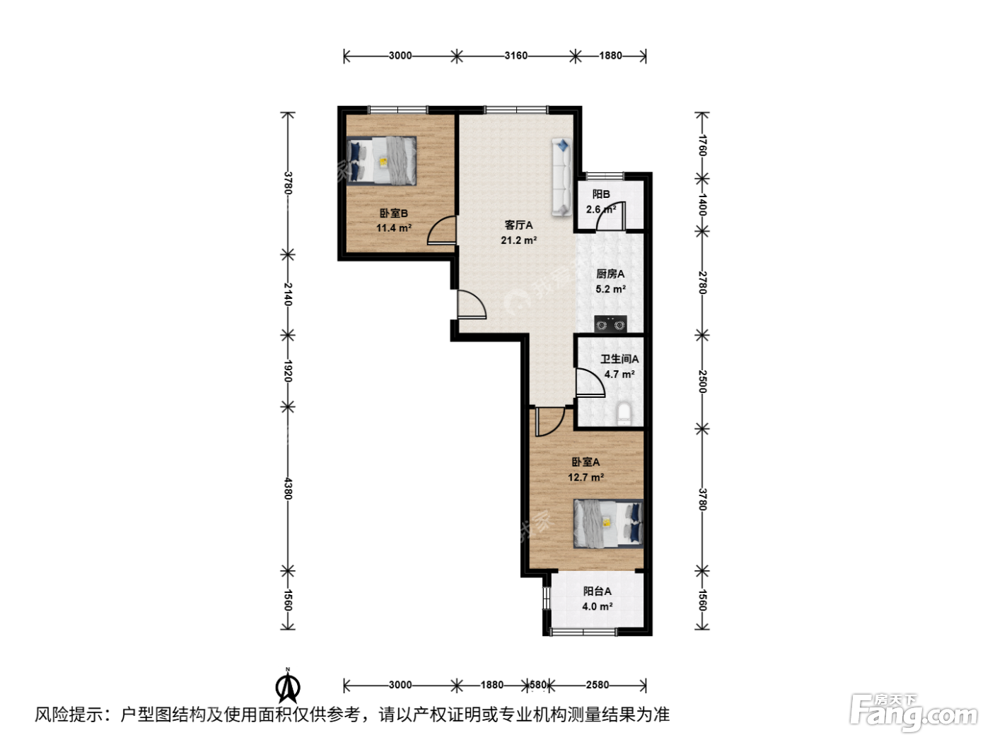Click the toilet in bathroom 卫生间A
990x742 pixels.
[624, 413]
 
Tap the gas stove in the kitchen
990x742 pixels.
[610, 324]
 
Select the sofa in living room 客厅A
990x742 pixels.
[562, 177]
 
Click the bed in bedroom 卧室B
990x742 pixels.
[382, 160]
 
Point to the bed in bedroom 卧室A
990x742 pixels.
[608, 524]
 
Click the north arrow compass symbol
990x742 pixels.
[288, 686]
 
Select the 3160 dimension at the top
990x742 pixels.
[516, 55]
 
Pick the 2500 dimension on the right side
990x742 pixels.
[702, 381]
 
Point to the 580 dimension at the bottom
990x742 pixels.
[537, 685]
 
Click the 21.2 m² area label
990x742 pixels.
[518, 240]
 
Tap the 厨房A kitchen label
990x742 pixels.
[610, 273]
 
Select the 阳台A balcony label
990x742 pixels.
[597, 591]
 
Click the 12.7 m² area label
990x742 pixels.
[586, 477]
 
